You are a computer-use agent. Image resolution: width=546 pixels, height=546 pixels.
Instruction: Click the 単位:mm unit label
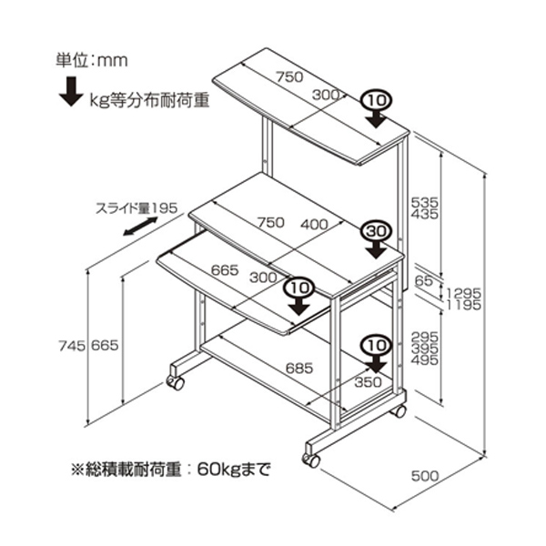point(90,61)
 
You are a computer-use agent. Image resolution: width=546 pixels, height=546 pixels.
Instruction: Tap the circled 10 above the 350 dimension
point(375,345)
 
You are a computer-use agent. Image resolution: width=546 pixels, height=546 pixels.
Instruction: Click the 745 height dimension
point(72,345)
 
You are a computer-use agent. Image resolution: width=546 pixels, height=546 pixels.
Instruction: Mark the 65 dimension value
point(422,280)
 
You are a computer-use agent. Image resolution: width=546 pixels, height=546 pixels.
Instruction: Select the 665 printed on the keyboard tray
point(225,269)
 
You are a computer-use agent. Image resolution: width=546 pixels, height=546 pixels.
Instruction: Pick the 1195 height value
point(464,305)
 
